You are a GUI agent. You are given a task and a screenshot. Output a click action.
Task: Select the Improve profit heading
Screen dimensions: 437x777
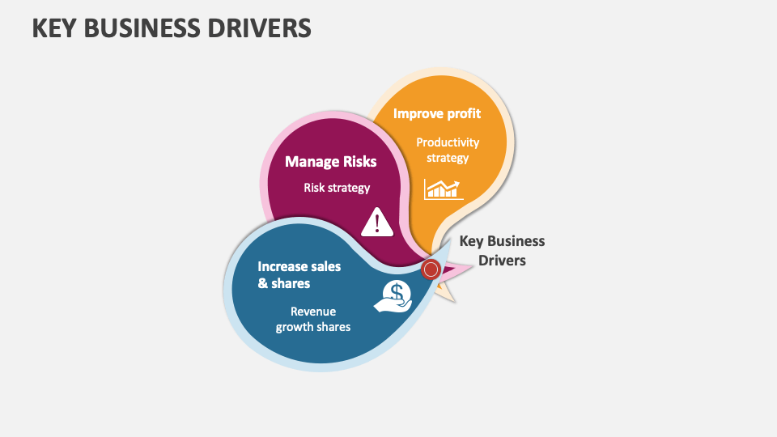pyautogui.click(x=437, y=113)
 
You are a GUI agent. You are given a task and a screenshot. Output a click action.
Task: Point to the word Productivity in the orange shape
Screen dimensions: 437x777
pyautogui.click(x=448, y=142)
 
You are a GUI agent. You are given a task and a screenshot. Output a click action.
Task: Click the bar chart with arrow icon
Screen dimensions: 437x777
pyautogui.click(x=444, y=189)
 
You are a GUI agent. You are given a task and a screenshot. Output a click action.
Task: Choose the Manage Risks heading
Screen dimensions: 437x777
pyautogui.click(x=330, y=162)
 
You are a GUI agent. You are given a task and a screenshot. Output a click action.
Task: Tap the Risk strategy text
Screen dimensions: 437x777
pyautogui.click(x=337, y=188)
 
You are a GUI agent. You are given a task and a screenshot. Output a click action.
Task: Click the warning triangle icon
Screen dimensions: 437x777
pyautogui.click(x=377, y=223)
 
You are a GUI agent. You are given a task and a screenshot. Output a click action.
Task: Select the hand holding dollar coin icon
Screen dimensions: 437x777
pyautogui.click(x=394, y=296)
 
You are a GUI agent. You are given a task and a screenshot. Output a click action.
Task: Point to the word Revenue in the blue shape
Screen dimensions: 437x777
pyautogui.click(x=313, y=312)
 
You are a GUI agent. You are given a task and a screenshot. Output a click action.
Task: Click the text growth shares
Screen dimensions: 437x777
pyautogui.click(x=313, y=327)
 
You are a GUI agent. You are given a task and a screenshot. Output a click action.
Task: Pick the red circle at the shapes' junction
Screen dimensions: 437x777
pyautogui.click(x=431, y=269)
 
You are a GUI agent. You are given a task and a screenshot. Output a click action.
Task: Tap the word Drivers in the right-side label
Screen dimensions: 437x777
pyautogui.click(x=502, y=261)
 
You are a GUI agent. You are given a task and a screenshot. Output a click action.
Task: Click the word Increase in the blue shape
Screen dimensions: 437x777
pyautogui.click(x=282, y=266)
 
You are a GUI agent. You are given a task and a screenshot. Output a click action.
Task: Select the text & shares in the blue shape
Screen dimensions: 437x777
pyautogui.click(x=284, y=283)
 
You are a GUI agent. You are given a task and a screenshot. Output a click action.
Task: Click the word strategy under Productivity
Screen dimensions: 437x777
pyautogui.click(x=448, y=158)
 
